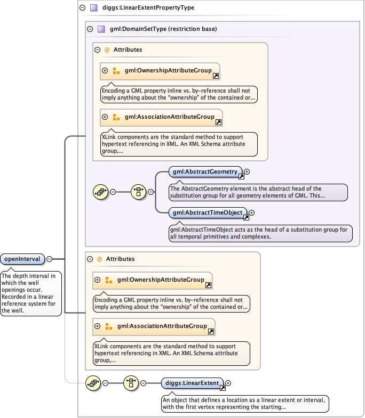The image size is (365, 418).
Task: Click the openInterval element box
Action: [22, 259]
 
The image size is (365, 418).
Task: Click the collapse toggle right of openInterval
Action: [49, 259]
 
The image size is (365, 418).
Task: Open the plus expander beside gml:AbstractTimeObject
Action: [252, 213]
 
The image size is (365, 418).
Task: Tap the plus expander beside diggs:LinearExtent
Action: [228, 383]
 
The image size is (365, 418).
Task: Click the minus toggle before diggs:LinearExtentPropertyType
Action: [82, 8]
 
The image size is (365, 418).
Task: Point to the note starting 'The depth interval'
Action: [31, 293]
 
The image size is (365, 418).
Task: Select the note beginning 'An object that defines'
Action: [244, 403]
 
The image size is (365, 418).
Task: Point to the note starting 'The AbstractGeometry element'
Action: [257, 192]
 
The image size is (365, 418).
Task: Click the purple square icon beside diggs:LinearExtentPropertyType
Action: [93, 8]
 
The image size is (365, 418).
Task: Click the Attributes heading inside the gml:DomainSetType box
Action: [128, 50]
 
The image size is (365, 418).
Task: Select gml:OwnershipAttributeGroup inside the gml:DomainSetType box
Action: [168, 70]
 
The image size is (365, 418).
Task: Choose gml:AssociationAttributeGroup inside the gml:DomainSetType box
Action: [169, 117]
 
